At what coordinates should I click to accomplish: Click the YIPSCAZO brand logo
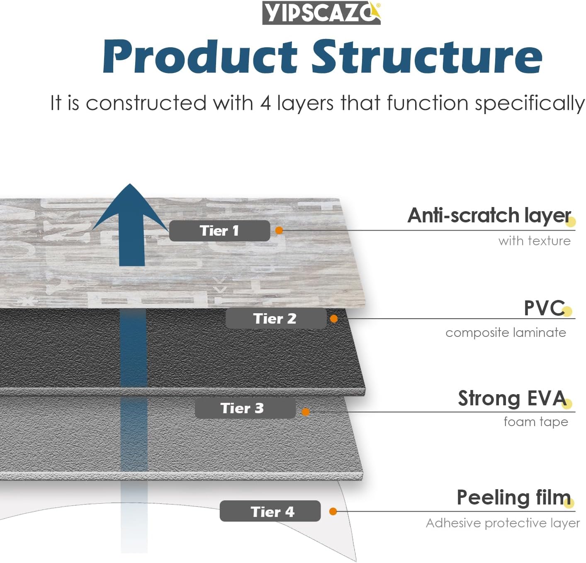(321, 13)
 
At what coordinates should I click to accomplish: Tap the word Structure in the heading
(427, 57)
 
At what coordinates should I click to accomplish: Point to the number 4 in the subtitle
(265, 103)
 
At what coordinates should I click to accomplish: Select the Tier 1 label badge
(219, 231)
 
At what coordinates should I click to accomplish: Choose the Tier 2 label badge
(275, 319)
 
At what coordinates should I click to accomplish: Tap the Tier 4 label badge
(270, 512)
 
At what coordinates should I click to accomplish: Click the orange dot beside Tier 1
(279, 230)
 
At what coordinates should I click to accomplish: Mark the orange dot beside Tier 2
(334, 319)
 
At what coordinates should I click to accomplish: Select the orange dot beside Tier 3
(306, 412)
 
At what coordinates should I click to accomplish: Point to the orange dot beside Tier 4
(333, 512)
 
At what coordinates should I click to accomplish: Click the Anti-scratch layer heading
(489, 216)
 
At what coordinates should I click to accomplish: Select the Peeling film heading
(513, 497)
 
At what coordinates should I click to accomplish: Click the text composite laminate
(506, 333)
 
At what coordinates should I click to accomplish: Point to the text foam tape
(535, 422)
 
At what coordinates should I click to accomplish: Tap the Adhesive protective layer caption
(503, 523)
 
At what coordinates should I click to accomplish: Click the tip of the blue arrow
(130, 185)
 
